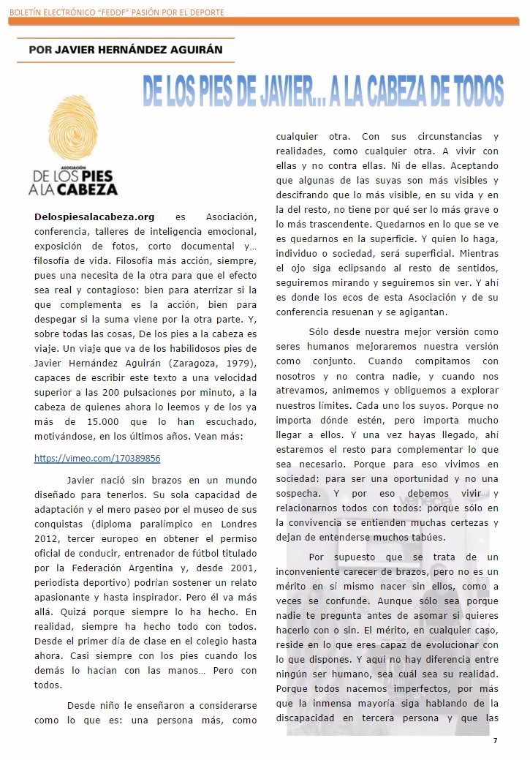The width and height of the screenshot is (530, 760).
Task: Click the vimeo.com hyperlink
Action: pyautogui.click(x=97, y=459)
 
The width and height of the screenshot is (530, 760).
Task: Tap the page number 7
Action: pyautogui.click(x=495, y=740)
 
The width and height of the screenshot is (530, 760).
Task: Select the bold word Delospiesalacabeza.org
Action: pyautogui.click(x=94, y=217)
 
